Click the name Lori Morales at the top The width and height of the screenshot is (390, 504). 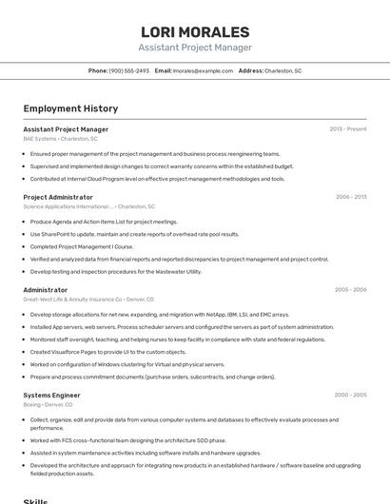tap(195, 31)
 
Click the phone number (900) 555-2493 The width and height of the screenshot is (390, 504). tap(129, 70)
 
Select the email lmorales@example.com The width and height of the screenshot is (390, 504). tap(203, 70)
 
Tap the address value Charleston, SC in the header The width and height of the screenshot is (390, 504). tap(283, 70)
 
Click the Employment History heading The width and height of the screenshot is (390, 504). tap(70, 108)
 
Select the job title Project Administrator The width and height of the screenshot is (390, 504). tap(58, 197)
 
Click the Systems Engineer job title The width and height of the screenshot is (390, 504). tap(53, 395)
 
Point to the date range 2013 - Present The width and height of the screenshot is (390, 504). tap(348, 129)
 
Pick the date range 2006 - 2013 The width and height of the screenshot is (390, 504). tap(351, 197)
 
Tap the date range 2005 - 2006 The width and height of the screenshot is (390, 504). tap(350, 289)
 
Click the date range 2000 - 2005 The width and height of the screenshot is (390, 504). tap(350, 395)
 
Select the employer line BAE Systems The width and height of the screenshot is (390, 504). tap(60, 139)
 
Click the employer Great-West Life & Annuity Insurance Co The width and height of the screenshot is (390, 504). tap(88, 299)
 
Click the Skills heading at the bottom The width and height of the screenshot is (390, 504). tap(36, 499)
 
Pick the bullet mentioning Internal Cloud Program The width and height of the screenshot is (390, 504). tap(157, 178)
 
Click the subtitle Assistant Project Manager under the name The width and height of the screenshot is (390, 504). tap(195, 48)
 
